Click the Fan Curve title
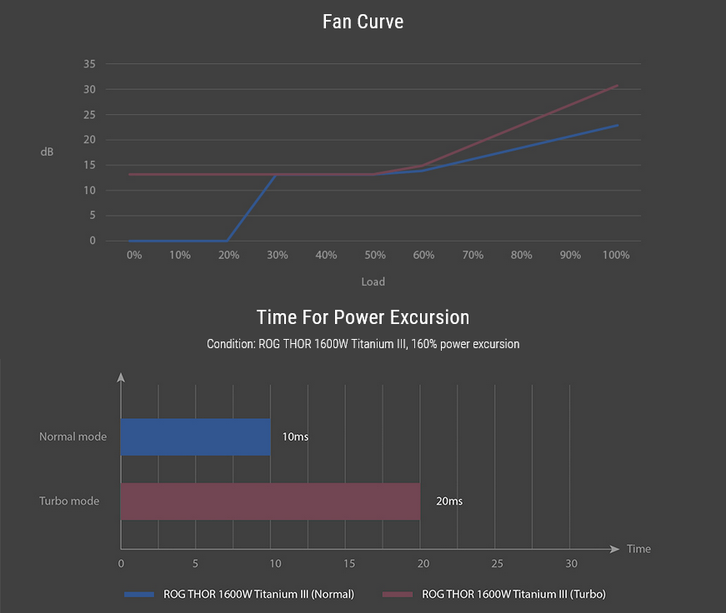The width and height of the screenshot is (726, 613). pyautogui.click(x=363, y=22)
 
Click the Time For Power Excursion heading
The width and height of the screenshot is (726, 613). pyautogui.click(x=363, y=317)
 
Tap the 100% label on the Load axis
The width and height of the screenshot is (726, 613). pyautogui.click(x=616, y=255)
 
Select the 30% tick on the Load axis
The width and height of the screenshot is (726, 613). pyautogui.click(x=278, y=255)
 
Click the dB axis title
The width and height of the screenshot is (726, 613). pyautogui.click(x=47, y=152)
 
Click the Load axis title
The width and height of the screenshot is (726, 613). pyautogui.click(x=373, y=282)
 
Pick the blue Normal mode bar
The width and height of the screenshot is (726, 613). pyautogui.click(x=196, y=436)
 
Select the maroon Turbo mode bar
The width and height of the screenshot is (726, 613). pyautogui.click(x=270, y=501)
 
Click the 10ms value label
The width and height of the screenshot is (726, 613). pyautogui.click(x=295, y=436)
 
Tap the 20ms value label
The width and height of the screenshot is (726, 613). pyautogui.click(x=448, y=501)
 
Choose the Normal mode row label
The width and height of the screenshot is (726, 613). pyautogui.click(x=73, y=436)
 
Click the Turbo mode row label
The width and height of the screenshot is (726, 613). pyautogui.click(x=69, y=501)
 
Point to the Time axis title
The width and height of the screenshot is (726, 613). pyautogui.click(x=638, y=549)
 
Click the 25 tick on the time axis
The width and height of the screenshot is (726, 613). pyautogui.click(x=497, y=565)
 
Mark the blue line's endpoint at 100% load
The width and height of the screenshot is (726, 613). pyautogui.click(x=618, y=125)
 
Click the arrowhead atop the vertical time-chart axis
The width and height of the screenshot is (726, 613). pyautogui.click(x=121, y=378)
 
